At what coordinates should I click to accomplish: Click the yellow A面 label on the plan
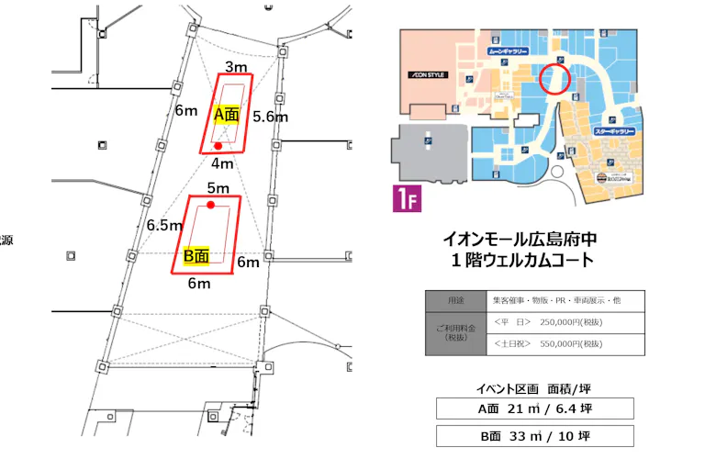pos(227,115)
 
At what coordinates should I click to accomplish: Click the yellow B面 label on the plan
pos(195,256)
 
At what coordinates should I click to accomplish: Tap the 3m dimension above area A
pos(237,67)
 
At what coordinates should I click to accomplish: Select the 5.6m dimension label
pos(271,117)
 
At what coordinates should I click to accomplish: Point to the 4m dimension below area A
pos(221,164)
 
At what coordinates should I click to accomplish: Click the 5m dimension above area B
pos(218,188)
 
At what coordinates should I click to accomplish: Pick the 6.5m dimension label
pos(163,225)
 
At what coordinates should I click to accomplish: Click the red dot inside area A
pos(218,146)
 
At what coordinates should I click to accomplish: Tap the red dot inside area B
pos(211,206)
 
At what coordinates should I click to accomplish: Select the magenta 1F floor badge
pos(407,199)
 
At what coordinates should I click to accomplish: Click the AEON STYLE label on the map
pos(428,74)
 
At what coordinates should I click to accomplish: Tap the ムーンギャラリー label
pos(507,52)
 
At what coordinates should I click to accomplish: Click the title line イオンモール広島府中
pos(519,238)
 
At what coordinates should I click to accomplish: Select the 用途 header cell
pos(455,301)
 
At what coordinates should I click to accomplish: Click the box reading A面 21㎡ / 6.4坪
pos(534,408)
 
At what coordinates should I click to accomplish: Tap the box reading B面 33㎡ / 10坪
pos(534,436)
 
